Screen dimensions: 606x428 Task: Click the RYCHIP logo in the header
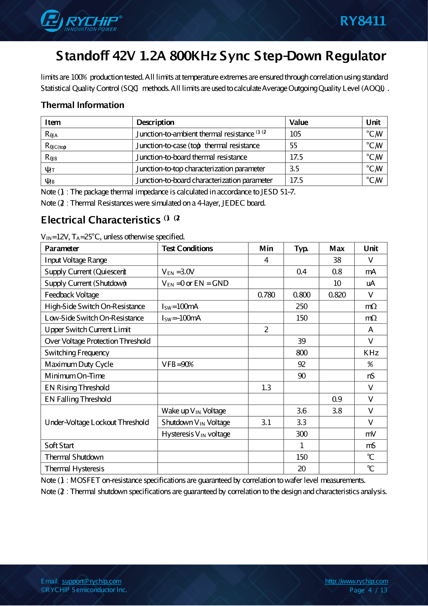point(81,21)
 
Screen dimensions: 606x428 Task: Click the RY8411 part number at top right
point(363,21)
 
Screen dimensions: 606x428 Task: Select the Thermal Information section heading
point(83,105)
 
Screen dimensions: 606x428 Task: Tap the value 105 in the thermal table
point(295,134)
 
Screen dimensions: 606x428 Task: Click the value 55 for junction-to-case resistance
point(293,145)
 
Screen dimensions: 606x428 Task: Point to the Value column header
point(299,122)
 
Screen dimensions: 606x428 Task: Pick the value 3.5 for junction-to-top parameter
point(294,168)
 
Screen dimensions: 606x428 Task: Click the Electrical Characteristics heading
point(101,220)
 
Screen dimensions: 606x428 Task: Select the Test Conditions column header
point(187,249)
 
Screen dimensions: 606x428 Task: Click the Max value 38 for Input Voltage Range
point(337,260)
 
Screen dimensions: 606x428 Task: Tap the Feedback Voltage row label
point(72,295)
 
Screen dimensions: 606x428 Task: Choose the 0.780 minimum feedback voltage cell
point(266,295)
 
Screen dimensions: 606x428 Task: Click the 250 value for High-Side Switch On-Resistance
point(301,306)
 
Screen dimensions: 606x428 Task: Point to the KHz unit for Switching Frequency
point(371,353)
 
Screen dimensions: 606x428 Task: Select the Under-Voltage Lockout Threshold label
point(97,422)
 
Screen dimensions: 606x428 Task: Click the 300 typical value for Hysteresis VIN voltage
point(301,434)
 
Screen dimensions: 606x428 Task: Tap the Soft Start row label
point(59,446)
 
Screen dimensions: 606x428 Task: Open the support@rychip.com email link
point(91,581)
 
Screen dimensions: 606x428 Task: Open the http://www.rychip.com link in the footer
point(356,581)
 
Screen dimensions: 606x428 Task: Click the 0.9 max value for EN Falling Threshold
point(337,399)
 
